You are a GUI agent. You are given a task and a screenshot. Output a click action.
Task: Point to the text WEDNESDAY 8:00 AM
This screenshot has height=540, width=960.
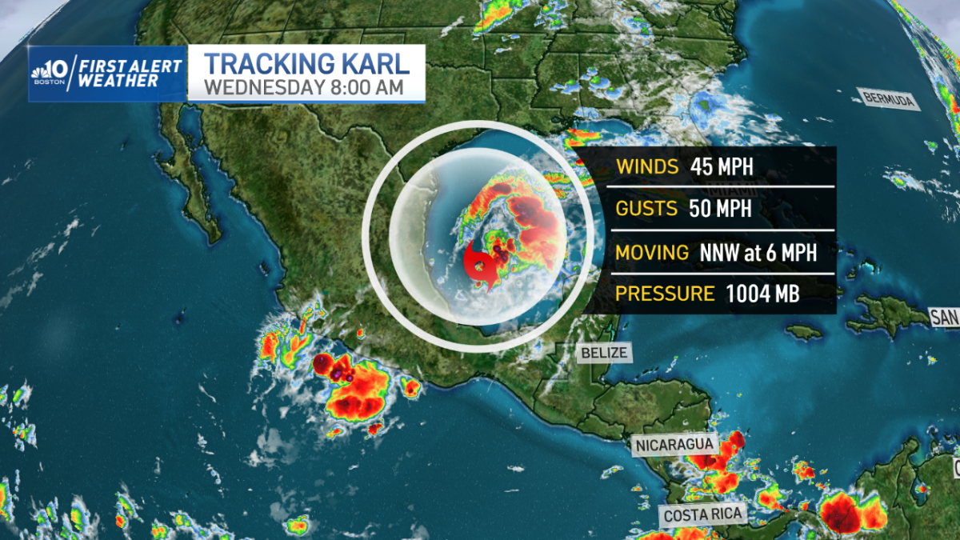coord(304,86)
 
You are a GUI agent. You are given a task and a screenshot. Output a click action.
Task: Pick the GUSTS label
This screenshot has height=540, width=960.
coord(647,210)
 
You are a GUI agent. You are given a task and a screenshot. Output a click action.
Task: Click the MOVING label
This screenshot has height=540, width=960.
coord(652,253)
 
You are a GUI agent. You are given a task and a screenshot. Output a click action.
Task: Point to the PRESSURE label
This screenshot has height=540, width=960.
coord(665,294)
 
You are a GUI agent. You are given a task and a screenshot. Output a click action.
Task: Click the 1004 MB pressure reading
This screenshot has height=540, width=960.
coord(762,294)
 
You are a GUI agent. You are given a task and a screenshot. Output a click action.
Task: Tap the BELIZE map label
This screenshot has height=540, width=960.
coord(603,352)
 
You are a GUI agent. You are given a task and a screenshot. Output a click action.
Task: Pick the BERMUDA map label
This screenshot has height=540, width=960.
coord(888,99)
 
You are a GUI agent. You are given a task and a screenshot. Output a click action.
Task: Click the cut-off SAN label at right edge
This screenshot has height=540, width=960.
coord(944,318)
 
